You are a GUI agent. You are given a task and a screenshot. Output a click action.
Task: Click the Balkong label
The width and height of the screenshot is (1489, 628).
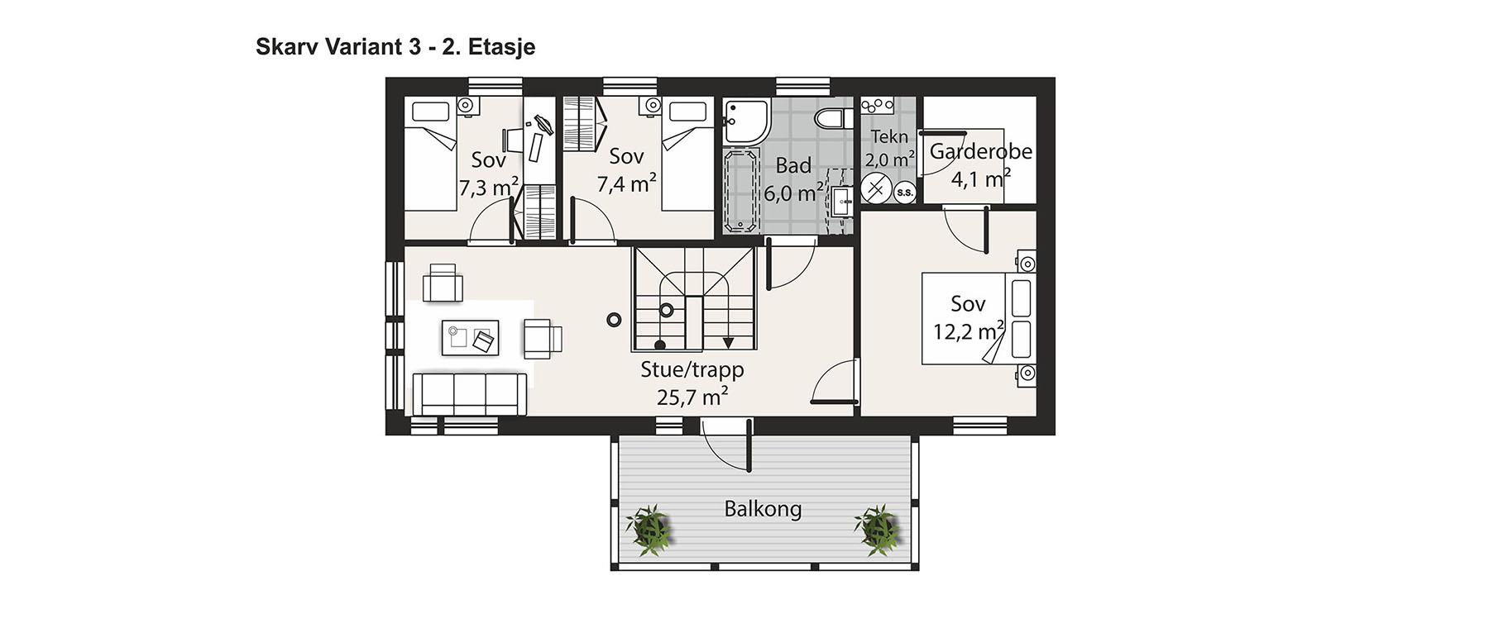pos(763,508)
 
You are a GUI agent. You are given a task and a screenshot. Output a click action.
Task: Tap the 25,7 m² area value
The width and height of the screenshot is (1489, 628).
pos(692,397)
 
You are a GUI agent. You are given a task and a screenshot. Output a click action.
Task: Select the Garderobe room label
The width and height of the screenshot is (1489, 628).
pos(981,151)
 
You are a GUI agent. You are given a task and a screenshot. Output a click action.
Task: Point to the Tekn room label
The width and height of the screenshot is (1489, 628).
pos(890,136)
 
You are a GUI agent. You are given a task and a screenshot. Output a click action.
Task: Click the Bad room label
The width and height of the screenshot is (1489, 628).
pos(793,165)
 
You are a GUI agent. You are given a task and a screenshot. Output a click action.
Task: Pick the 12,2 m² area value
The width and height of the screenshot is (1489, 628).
pos(969,331)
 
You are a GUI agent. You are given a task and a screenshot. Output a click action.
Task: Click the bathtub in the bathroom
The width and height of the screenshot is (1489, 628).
pos(741,190)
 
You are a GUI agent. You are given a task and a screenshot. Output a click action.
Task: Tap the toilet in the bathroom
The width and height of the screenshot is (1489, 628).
pos(830,118)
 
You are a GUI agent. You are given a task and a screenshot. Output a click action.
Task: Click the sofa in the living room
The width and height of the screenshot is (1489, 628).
pos(470,394)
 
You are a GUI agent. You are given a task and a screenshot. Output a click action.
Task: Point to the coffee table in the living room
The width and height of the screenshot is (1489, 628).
pos(471,338)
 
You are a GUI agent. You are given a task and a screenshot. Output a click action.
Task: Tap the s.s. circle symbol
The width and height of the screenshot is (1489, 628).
pos(905,193)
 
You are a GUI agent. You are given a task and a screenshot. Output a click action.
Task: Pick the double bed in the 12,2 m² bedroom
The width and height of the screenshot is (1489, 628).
pos(979,318)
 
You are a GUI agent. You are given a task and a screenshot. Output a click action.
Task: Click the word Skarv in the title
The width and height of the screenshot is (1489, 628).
pos(282,46)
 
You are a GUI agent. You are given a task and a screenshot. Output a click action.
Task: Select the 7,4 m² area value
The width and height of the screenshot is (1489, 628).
pos(627,183)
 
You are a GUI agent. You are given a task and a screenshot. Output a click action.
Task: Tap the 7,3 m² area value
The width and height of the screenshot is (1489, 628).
pos(489,187)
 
